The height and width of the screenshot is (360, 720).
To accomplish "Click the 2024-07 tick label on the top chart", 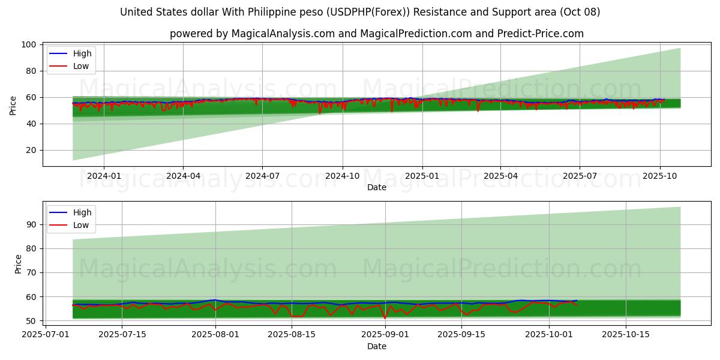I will click(x=262, y=176).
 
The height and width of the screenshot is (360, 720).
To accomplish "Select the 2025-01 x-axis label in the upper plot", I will click(x=422, y=176).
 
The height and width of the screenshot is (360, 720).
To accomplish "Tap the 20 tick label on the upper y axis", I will click(x=31, y=150).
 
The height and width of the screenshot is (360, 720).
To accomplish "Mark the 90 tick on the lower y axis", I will click(x=31, y=224).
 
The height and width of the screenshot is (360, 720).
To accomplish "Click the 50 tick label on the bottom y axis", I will click(x=31, y=321).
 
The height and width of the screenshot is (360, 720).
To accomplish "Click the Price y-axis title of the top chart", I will click(x=13, y=106).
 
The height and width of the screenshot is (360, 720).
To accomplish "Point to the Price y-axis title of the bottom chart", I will click(x=18, y=264).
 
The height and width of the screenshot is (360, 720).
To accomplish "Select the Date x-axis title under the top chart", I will click(x=376, y=187).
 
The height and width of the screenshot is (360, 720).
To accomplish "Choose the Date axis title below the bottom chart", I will click(x=376, y=346).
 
